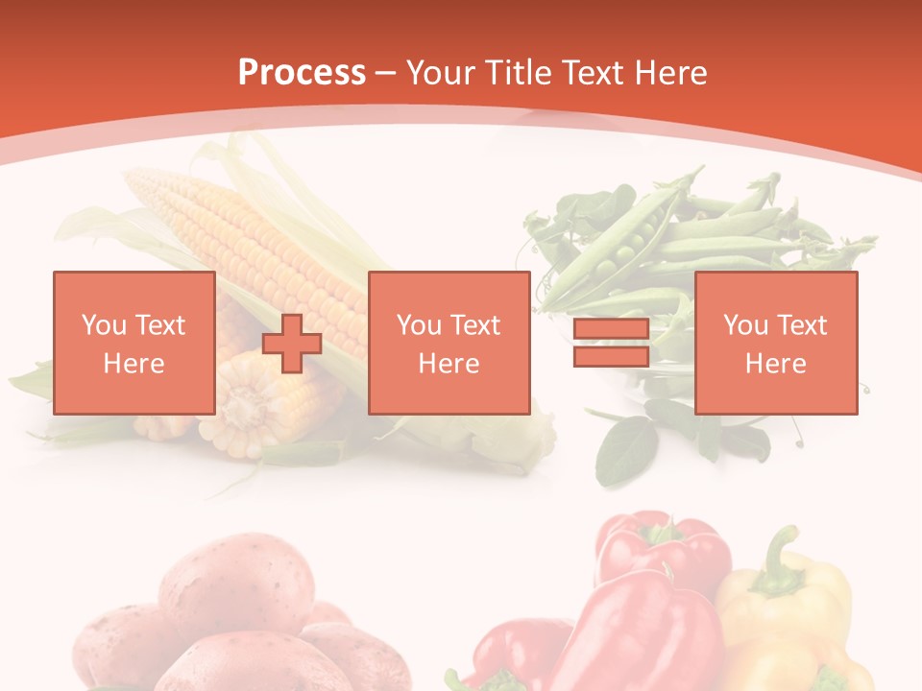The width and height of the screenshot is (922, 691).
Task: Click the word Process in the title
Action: [302, 72]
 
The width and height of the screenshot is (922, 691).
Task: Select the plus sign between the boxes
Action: [292, 344]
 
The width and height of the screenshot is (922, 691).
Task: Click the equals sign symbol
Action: [611, 344]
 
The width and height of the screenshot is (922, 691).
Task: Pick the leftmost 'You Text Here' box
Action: [133, 343]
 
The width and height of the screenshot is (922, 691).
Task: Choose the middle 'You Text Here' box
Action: [449, 343]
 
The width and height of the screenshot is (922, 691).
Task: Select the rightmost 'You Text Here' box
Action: [775, 343]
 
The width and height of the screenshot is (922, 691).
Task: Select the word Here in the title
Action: [669, 72]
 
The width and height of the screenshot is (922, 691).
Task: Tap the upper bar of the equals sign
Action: [611, 331]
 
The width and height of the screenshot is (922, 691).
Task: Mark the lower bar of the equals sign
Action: [611, 356]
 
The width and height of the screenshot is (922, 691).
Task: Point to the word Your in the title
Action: [442, 72]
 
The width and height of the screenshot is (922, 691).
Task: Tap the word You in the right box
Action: [744, 325]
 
